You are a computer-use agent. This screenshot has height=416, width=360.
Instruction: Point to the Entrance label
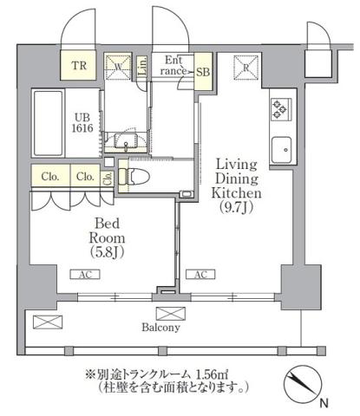click(173, 65)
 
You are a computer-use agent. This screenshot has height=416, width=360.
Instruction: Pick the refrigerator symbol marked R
click(247, 67)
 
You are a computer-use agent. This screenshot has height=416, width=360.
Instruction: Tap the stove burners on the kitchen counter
click(281, 110)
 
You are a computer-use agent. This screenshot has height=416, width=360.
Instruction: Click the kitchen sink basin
click(282, 149)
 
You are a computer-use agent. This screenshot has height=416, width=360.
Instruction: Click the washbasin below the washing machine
click(130, 143)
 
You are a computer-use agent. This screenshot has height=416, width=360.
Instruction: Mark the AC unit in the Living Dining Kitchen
click(200, 275)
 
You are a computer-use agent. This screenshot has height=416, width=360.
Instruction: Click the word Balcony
click(162, 328)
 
